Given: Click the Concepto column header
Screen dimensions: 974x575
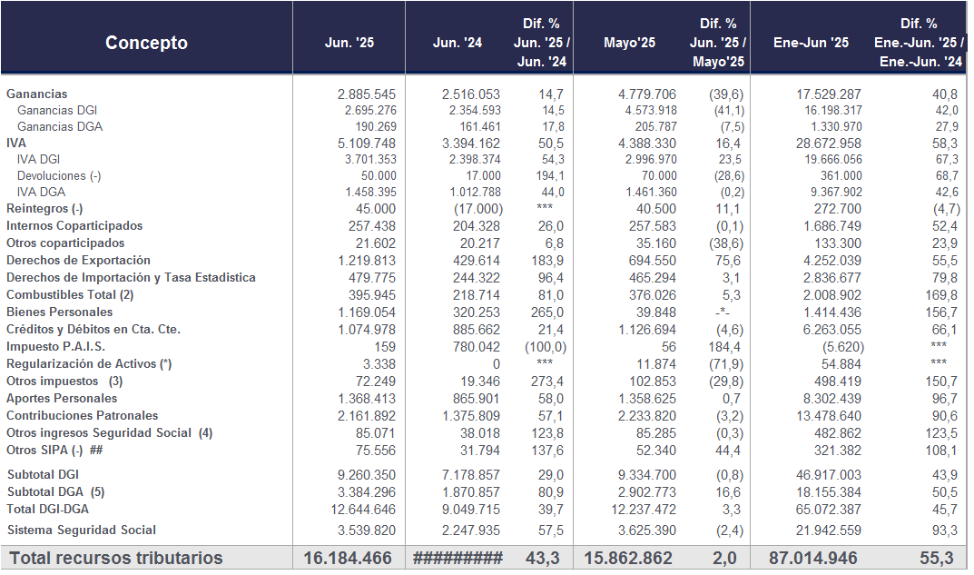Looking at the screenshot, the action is pos(146,43).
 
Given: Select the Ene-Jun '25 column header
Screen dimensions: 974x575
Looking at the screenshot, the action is pos(811,43).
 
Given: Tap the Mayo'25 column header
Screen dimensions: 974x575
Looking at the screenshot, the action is pos(629,43).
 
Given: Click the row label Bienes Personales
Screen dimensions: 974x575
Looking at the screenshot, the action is pos(60,312).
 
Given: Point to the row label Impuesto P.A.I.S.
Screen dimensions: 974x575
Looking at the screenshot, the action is pos(56,347).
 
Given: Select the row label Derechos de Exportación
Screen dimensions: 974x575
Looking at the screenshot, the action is pos(78,261).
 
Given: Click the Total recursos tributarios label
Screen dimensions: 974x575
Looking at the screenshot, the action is pos(115,558).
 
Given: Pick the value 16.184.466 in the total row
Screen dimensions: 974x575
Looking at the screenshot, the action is pos(348,558).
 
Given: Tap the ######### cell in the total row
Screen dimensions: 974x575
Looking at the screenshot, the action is pos(457,558).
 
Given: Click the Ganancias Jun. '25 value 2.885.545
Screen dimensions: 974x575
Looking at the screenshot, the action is pos(367,94).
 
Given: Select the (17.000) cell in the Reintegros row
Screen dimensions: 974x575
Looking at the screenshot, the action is pos(478,209).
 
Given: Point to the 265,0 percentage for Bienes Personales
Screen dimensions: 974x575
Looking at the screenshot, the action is pos(547,312).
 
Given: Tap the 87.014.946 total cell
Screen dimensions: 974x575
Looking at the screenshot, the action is pos(813,558).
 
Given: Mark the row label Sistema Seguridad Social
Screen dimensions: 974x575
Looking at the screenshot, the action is pos(82,530).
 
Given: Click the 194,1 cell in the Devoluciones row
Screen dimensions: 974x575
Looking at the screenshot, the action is pos(550,176).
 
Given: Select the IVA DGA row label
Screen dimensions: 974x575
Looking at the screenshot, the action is pos(41,192).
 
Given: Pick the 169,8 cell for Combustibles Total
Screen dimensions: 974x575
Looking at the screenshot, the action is pos(940,294).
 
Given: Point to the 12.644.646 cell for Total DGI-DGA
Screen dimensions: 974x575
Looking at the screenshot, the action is pos(363,509).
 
